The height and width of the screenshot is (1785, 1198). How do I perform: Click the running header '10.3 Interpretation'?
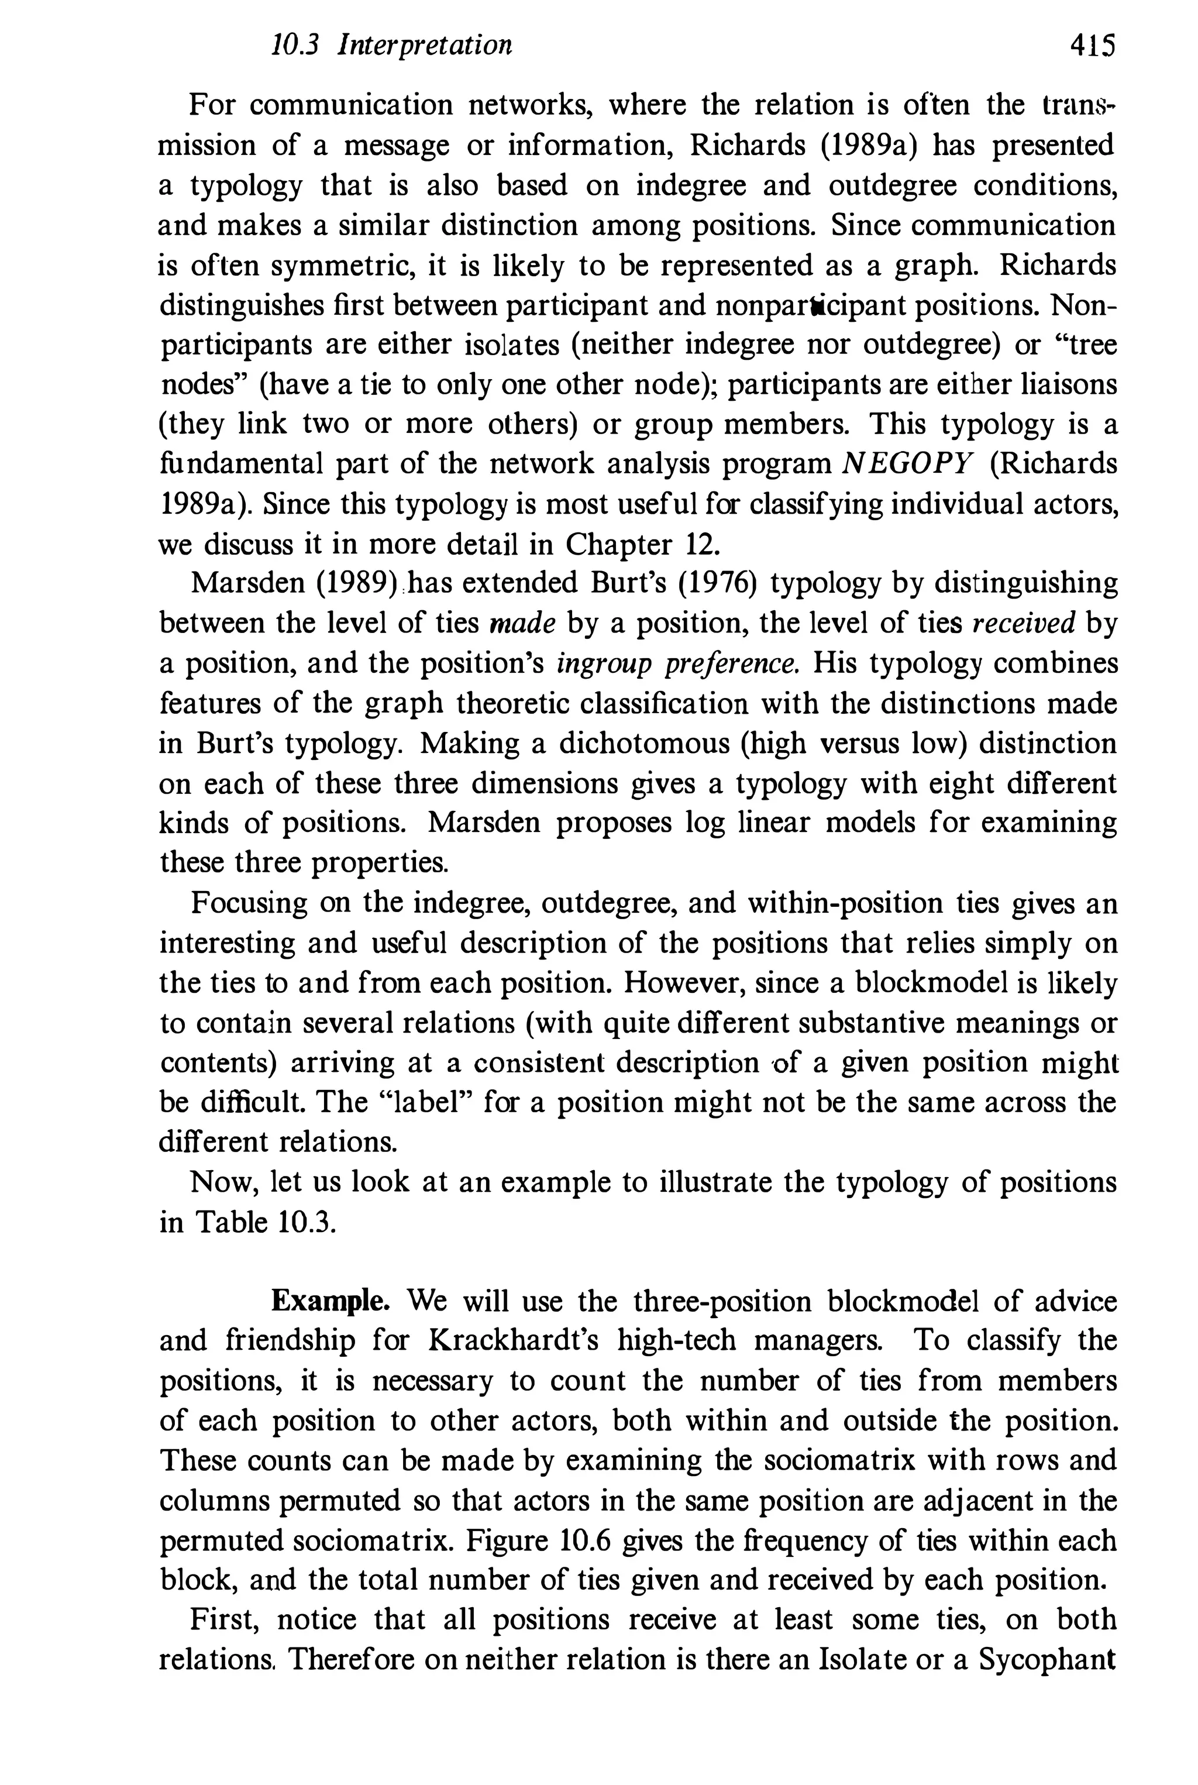tap(391, 46)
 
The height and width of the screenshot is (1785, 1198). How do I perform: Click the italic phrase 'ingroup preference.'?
tap(677, 663)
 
